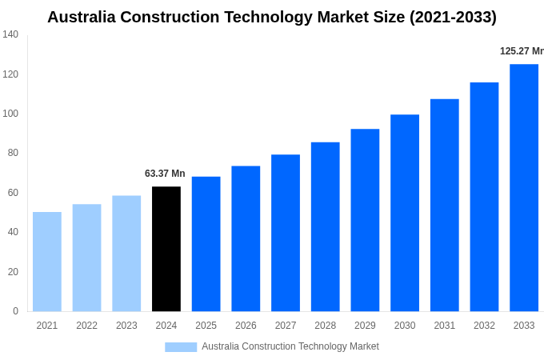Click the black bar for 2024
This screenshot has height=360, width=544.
166,249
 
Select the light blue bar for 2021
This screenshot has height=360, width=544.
47,262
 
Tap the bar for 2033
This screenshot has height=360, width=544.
524,188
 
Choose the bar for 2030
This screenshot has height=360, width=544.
405,213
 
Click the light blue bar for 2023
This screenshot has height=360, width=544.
126,254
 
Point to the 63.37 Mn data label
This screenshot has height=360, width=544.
165,174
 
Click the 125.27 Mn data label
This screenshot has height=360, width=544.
521,51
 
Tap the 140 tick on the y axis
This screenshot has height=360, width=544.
10,34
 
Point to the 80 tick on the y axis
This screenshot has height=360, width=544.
13,153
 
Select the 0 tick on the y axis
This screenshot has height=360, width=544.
15,311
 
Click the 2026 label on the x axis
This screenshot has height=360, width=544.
246,326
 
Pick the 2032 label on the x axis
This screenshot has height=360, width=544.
484,326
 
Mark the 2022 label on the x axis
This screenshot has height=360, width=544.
86,326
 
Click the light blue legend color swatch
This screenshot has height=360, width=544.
181,347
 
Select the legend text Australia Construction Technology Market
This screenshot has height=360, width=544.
290,346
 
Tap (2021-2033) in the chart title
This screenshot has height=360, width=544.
452,17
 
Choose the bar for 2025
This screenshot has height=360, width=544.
206,244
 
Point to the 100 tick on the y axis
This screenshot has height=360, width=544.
10,114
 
